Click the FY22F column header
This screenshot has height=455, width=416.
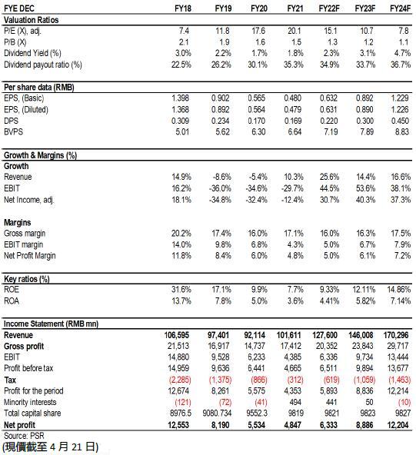coord(329,8)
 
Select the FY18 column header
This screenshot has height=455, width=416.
coord(183,8)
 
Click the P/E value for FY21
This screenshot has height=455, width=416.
coord(294,31)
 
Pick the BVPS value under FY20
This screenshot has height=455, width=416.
coord(258,131)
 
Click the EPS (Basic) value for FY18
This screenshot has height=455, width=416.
coord(180,98)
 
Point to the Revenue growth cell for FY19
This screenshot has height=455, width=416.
coord(222,177)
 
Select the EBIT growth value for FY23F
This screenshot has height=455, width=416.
coord(365,188)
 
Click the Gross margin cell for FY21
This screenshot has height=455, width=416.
coord(294,234)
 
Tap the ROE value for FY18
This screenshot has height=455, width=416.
coord(181,289)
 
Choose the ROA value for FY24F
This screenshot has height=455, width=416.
coord(401,301)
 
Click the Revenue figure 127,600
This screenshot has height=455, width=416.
coord(324,335)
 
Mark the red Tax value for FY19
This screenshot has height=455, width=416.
coord(221,380)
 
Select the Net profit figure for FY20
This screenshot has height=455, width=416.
coord(255,425)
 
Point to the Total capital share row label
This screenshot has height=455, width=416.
coord(32,413)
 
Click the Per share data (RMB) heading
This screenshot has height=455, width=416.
coord(39,88)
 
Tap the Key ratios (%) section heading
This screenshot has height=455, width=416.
coord(27,279)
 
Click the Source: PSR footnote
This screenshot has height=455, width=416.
coord(24,436)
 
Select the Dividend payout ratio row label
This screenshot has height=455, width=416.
coord(43,65)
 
